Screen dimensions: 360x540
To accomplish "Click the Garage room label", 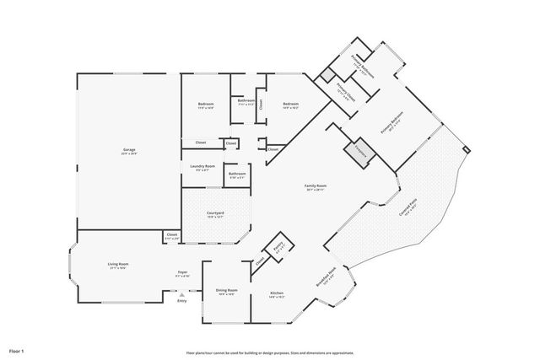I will (x=127, y=150).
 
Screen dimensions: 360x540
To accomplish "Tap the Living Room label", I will (x=116, y=266).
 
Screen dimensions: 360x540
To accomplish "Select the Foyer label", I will (x=182, y=272).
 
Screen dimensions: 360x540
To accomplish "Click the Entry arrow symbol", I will (x=181, y=294).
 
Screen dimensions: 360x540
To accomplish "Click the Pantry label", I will (x=279, y=246).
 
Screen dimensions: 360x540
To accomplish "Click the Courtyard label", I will (x=216, y=213).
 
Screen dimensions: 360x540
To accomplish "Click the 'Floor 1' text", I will (x=17, y=349).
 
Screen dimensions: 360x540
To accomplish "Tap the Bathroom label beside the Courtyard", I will (x=237, y=175).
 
